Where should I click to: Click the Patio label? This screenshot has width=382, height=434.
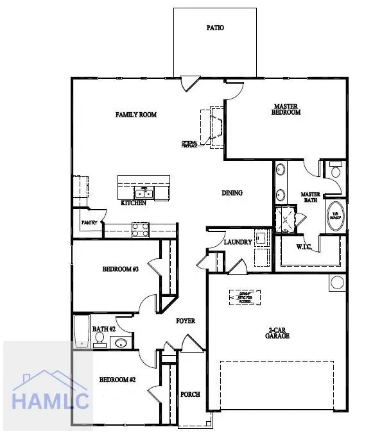[215, 28]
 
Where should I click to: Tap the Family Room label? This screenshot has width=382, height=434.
[136, 115]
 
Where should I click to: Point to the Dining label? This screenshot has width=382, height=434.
[232, 193]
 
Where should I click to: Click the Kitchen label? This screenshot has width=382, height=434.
[134, 203]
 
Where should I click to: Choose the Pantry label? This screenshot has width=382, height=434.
[89, 223]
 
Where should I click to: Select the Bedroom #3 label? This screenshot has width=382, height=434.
[121, 269]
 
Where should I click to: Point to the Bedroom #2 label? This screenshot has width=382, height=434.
[117, 380]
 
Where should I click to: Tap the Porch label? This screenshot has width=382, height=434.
[190, 394]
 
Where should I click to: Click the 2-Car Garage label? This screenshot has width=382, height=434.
[279, 333]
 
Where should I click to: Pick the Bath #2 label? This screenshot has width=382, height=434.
[103, 330]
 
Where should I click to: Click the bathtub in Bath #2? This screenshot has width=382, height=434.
[81, 331]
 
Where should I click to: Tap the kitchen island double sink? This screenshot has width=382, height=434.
[143, 192]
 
